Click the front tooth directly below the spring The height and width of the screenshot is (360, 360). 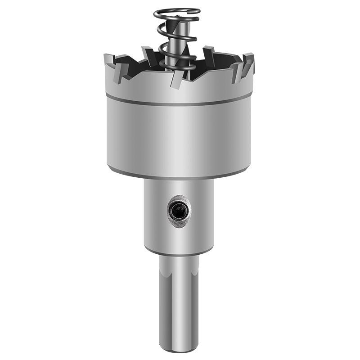coord(177,79)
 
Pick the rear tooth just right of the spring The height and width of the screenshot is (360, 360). coord(208,53)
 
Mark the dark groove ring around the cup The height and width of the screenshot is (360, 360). coord(179,103)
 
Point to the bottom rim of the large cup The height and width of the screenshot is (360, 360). coord(179,176)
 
